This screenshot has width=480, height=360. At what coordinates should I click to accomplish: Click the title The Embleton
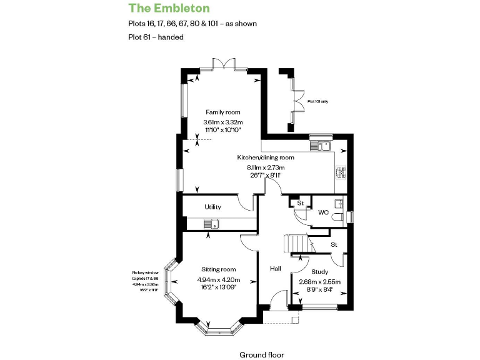point(169,8)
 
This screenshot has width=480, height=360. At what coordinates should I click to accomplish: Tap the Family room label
point(222,112)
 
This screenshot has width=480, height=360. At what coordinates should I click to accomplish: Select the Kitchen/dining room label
point(266,157)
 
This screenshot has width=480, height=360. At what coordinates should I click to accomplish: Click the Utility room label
point(212,207)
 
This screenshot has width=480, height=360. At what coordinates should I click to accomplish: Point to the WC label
point(323,212)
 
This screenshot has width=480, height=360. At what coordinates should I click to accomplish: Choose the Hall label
point(275,269)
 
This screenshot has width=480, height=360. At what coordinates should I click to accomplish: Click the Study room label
point(319,272)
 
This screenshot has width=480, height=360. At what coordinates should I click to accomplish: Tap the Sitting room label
point(218,269)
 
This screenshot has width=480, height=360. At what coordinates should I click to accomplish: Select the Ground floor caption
point(262,354)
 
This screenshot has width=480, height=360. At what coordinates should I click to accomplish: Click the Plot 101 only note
point(317,101)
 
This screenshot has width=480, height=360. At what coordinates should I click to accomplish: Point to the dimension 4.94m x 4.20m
point(218,279)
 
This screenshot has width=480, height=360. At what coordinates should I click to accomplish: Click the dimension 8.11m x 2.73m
point(266,167)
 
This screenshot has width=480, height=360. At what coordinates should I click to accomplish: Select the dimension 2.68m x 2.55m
point(319,282)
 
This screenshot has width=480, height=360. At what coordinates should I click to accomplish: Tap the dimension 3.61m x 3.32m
point(222,122)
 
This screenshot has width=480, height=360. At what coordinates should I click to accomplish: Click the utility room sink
point(211,224)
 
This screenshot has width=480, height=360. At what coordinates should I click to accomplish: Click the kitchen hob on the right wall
point(341,172)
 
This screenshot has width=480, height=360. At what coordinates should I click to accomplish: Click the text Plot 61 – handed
point(156,37)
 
